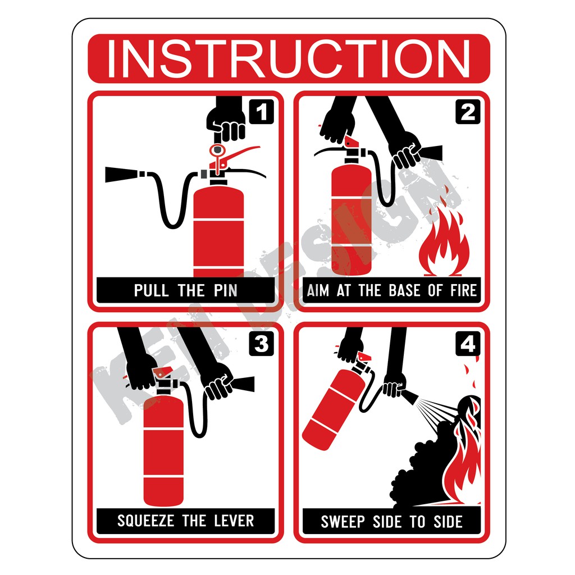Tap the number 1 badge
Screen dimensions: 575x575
click(261, 111)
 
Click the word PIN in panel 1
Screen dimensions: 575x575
click(223, 290)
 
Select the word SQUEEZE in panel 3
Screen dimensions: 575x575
click(146, 521)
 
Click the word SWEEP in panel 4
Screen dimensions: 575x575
click(343, 522)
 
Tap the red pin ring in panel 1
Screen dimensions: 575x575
click(217, 150)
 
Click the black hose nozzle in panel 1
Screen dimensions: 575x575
click(122, 174)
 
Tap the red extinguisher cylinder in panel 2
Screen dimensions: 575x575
click(351, 219)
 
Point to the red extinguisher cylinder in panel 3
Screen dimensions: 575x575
click(163, 449)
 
